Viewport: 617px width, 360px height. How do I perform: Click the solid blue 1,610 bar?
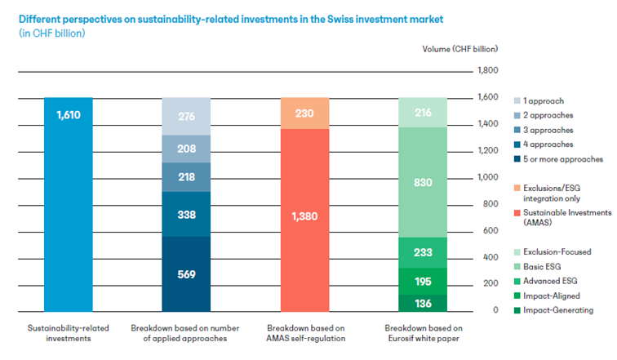coord(68,205)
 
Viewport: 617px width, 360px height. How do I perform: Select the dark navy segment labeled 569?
coord(186,273)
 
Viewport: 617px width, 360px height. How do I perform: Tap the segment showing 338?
coord(186,214)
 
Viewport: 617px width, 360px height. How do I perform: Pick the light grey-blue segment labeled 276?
coord(186,117)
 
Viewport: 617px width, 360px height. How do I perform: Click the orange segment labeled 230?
coord(304,113)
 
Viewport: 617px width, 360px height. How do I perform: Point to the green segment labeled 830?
coord(423,182)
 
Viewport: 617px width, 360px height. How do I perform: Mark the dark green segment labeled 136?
coord(423,303)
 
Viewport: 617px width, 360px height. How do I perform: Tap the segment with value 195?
coord(423,281)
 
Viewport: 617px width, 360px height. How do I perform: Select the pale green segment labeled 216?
coord(423,113)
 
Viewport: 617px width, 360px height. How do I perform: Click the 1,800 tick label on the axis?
coord(487,70)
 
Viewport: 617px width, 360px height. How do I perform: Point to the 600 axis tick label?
coord(490,230)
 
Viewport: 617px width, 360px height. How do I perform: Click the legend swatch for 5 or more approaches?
coord(517,159)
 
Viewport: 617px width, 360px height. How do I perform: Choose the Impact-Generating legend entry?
coord(553,310)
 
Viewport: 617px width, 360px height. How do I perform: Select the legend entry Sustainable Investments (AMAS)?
coord(562,218)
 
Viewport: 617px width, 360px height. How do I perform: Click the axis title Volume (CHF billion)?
coord(460,49)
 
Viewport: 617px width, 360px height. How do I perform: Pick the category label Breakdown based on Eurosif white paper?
coord(424,333)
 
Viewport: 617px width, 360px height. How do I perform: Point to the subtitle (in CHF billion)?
coord(52,33)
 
